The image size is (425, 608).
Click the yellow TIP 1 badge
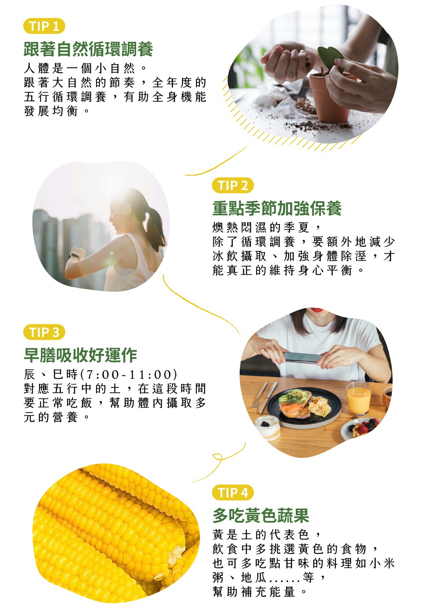(x=44, y=26)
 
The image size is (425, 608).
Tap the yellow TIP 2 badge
(x=233, y=185)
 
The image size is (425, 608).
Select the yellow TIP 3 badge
(x=44, y=332)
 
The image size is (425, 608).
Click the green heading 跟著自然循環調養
(x=88, y=49)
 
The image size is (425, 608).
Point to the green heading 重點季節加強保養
(x=277, y=208)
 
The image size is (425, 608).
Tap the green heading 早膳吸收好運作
(x=80, y=355)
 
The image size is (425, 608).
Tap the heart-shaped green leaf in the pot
(x=330, y=58)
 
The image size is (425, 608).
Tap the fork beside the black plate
(x=259, y=395)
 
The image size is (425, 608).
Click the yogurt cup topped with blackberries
(x=268, y=427)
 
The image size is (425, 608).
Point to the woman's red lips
(x=316, y=310)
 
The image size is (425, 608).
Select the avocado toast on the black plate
(x=295, y=403)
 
